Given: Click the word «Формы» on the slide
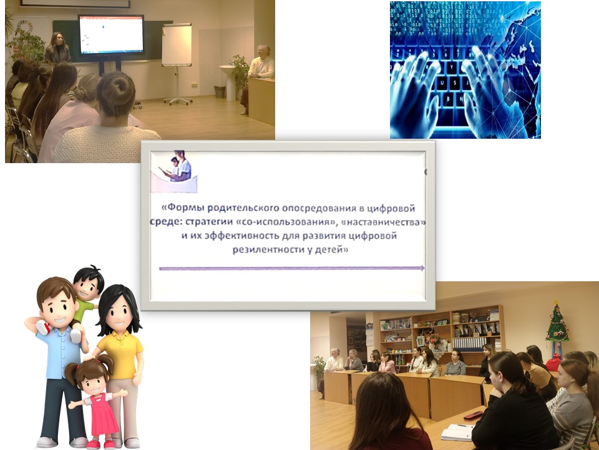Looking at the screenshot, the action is point(183,207).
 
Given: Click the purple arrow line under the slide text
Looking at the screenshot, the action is point(292,269).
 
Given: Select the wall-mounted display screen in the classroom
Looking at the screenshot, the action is point(111,35).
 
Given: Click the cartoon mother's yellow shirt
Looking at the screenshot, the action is point(120,354).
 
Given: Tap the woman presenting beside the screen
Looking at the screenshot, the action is point(57,48).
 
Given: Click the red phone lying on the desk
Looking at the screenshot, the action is point(473,416).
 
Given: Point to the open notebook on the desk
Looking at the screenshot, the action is point(458,432).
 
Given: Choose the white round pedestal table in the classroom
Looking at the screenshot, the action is point(230,83).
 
